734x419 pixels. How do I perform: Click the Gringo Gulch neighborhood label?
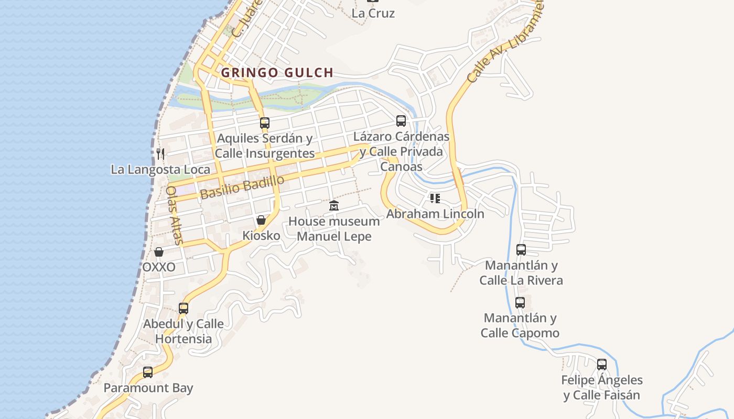click(x=277, y=73)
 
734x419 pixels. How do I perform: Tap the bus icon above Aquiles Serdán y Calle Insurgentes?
click(x=265, y=123)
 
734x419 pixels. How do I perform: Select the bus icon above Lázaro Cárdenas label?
click(x=401, y=121)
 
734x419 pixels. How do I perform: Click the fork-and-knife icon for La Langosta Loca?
click(x=160, y=153)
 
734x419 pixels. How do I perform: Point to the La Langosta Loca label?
click(x=160, y=170)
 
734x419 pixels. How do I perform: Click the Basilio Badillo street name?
click(x=242, y=187)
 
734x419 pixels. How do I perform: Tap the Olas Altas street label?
click(x=174, y=215)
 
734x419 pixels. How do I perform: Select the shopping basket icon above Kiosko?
click(x=261, y=220)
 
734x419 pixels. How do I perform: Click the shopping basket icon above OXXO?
click(x=159, y=252)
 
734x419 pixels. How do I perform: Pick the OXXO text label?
click(x=159, y=267)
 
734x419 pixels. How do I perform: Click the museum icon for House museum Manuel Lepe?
click(x=334, y=206)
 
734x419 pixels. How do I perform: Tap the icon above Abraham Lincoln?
click(x=435, y=199)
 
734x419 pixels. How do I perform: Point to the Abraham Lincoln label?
click(x=435, y=214)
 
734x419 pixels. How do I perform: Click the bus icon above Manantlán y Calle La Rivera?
click(x=521, y=250)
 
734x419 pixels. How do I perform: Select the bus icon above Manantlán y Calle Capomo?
click(x=520, y=303)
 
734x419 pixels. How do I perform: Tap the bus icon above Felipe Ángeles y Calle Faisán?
click(x=602, y=364)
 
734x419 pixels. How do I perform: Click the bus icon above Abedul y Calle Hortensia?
click(x=183, y=308)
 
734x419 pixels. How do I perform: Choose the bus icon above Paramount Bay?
click(x=148, y=372)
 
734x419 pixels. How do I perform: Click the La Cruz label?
click(x=373, y=13)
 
